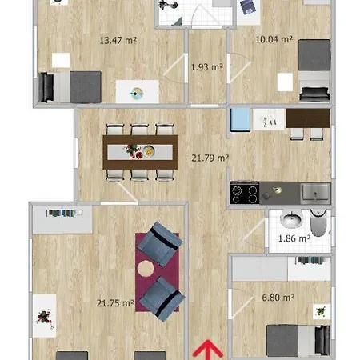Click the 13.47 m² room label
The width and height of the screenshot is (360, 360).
click(118, 41)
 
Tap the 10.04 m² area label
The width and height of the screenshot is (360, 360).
click(274, 39)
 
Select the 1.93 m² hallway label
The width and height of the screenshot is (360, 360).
click(206, 67)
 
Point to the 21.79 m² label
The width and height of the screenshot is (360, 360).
click(210, 158)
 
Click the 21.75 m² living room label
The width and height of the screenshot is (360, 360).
click(115, 303)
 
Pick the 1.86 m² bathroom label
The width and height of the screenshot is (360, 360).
click(294, 238)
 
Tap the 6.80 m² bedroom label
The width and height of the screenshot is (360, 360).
click(278, 298)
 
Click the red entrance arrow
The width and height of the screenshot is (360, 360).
click(207, 350)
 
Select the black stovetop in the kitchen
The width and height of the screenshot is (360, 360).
click(245, 193)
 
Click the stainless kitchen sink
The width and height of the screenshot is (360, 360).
click(315, 193)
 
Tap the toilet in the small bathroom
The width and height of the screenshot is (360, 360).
click(318, 222)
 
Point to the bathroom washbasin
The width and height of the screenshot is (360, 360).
click(292, 220)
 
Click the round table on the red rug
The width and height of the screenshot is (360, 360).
click(146, 268)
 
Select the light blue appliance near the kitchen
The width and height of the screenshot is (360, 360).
click(240, 120)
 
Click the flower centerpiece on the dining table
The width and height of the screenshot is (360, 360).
click(134, 151)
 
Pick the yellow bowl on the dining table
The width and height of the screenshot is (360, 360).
click(149, 151)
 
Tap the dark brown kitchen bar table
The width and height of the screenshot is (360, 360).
click(308, 118)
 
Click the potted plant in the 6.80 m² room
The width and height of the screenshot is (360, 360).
click(321, 311)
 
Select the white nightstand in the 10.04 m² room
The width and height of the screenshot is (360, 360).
click(285, 82)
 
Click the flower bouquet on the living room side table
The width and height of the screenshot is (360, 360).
click(45, 318)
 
